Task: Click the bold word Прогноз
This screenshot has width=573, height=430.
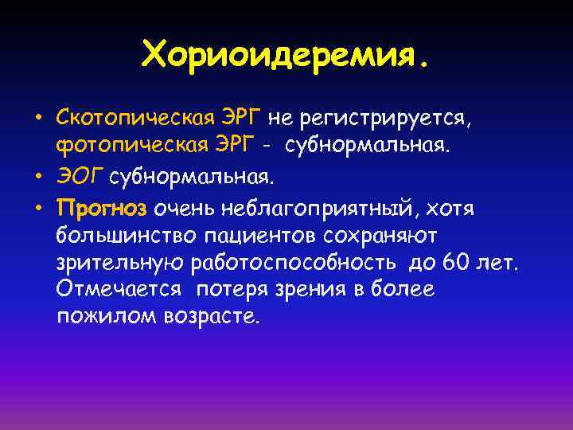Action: click(102, 209)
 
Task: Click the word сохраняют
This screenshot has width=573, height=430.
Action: click(382, 236)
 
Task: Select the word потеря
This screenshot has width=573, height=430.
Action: click(235, 291)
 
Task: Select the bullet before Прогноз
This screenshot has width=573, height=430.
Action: click(37, 209)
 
